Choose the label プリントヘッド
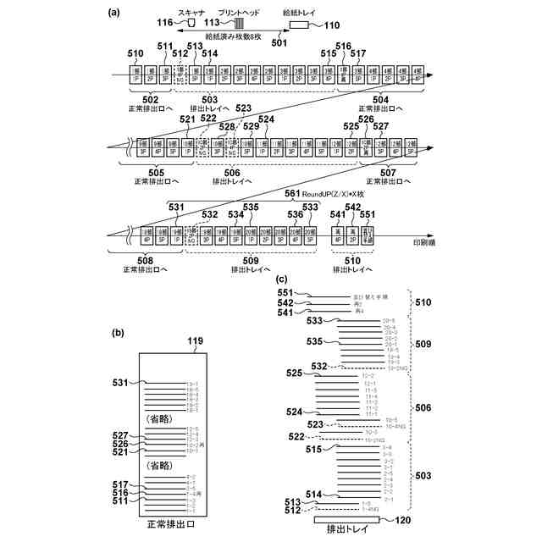236,13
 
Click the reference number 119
196,341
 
